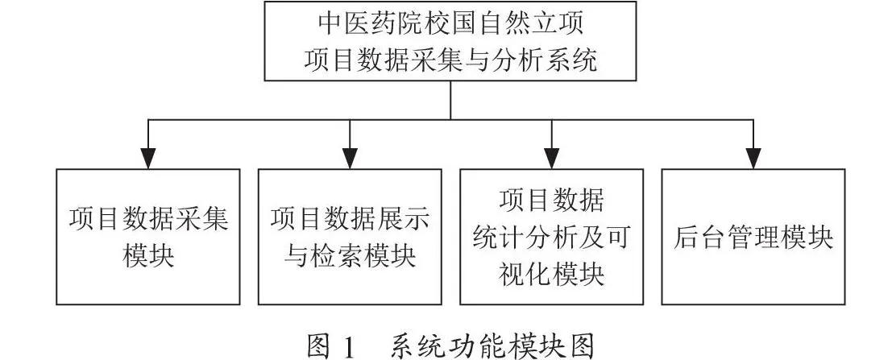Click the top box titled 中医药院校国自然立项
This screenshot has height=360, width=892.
click(450, 41)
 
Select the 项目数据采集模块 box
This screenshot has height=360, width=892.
click(148, 237)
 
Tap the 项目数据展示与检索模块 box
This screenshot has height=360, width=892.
click(350, 237)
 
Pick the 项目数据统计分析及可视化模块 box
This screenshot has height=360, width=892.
click(551, 237)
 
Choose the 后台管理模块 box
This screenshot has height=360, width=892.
click(753, 237)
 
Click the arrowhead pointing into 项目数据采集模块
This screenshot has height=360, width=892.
click(148, 159)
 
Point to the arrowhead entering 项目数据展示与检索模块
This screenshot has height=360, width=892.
click(350, 159)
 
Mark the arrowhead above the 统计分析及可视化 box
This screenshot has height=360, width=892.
click(551, 159)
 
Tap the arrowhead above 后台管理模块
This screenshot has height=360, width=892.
click(753, 159)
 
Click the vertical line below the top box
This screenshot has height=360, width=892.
click(450, 100)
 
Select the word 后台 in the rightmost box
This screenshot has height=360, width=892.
click(700, 237)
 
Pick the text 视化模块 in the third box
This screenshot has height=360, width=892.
click(551, 275)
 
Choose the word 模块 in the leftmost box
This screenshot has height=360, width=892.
click(148, 256)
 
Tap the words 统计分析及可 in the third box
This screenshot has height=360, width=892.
click(551, 237)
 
